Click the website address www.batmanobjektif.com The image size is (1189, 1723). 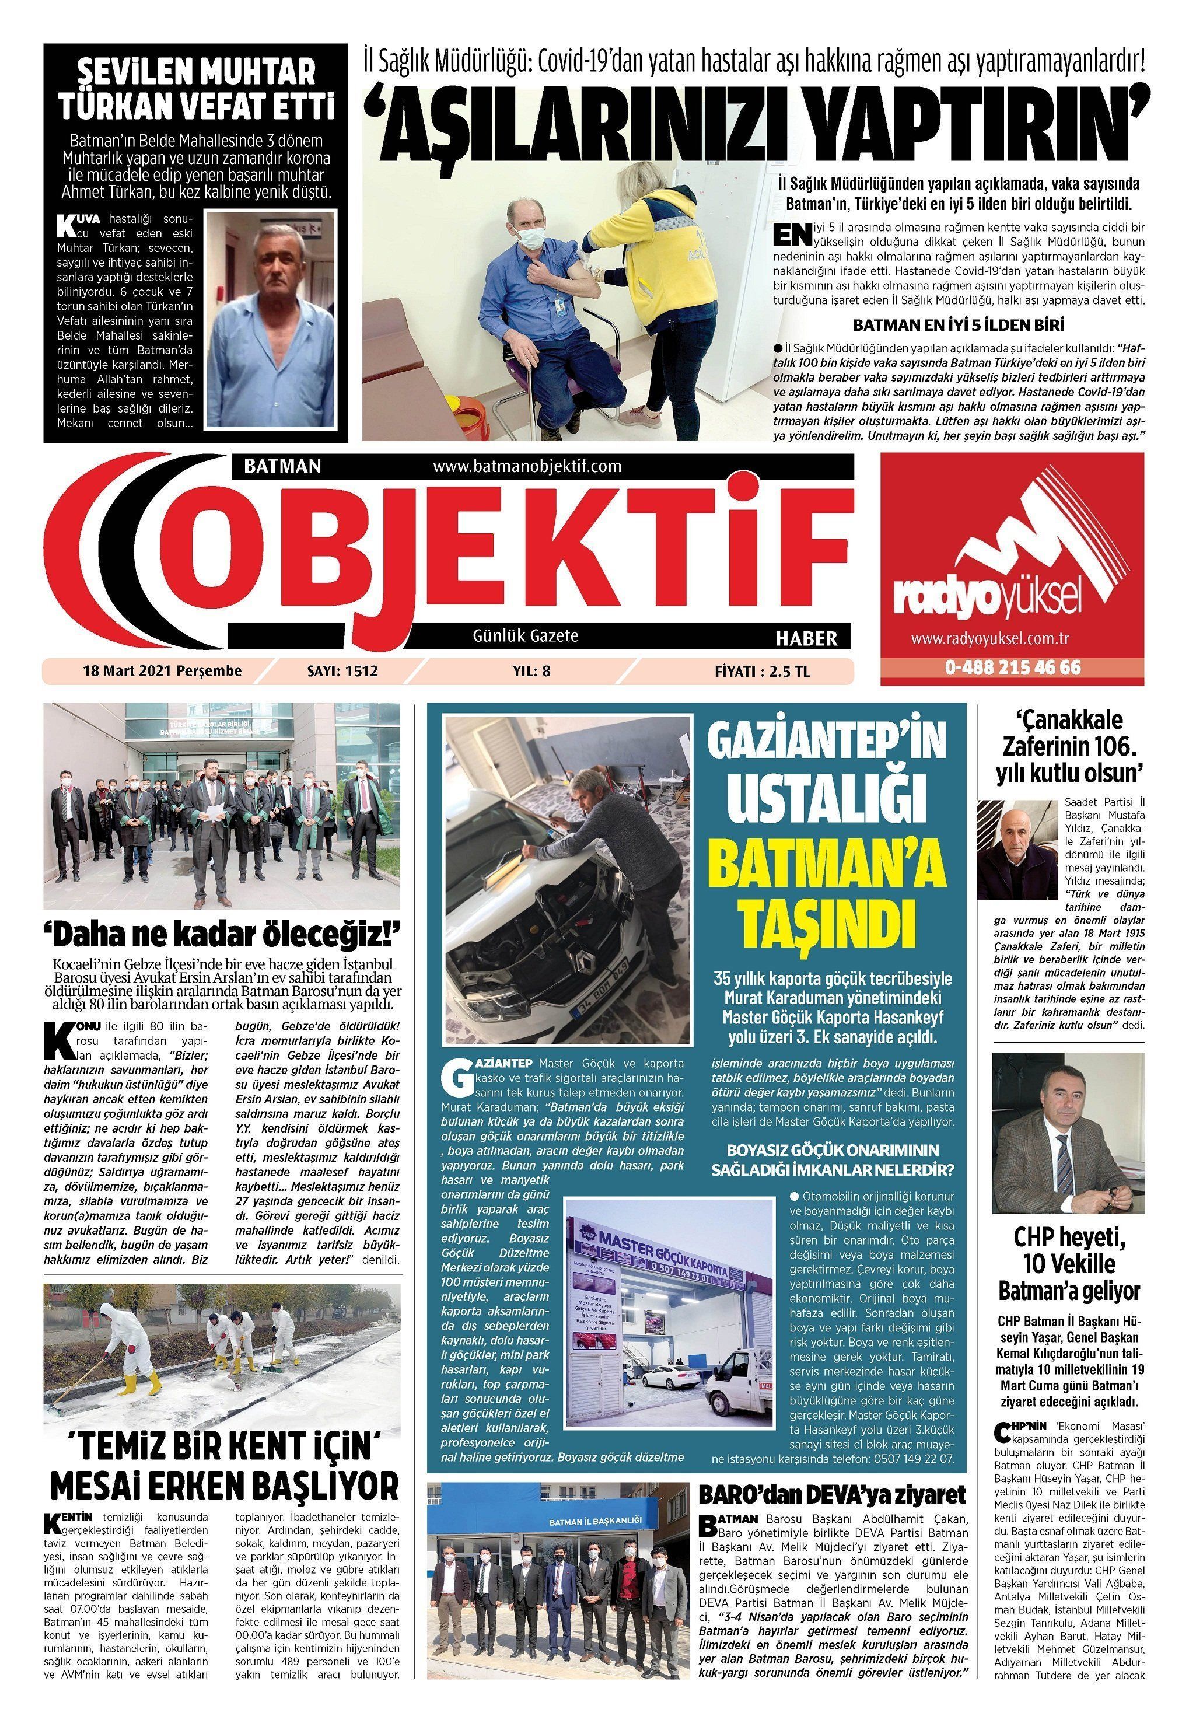click(527, 466)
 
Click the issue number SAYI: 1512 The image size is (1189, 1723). click(342, 671)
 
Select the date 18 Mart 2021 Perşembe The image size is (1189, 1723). click(162, 671)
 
